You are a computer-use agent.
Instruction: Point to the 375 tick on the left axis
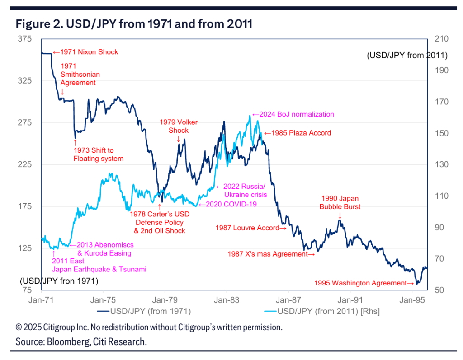click(25, 39)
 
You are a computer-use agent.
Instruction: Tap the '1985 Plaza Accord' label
click(298, 133)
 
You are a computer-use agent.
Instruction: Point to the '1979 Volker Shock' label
click(179, 126)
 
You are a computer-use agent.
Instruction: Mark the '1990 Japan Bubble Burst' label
click(340, 202)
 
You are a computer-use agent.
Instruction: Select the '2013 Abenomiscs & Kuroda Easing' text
click(102, 249)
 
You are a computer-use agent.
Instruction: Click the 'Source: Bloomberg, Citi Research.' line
click(81, 342)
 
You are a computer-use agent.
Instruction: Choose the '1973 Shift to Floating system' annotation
click(98, 154)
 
